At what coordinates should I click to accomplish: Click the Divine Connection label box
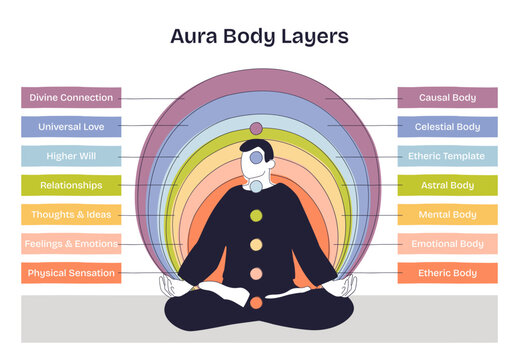[71, 98]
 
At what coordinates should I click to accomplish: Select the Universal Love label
[71, 127]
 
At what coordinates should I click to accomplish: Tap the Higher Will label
[71, 156]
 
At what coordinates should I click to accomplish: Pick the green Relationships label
[71, 185]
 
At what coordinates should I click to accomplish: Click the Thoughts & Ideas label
[71, 214]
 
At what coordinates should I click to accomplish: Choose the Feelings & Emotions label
[71, 243]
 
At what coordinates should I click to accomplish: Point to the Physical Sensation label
[71, 272]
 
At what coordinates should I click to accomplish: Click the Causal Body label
[447, 98]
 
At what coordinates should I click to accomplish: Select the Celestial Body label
[447, 127]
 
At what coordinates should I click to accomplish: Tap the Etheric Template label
[447, 156]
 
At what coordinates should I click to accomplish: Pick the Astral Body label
[447, 185]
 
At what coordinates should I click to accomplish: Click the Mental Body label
[447, 214]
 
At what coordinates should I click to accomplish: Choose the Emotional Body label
[447, 243]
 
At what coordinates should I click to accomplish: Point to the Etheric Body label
[447, 272]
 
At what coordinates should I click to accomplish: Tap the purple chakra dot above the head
[256, 128]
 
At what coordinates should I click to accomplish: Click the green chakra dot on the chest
[256, 215]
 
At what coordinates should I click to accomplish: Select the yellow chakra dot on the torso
[256, 244]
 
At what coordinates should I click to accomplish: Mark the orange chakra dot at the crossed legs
[256, 302]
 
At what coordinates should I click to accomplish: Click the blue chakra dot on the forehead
[256, 157]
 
